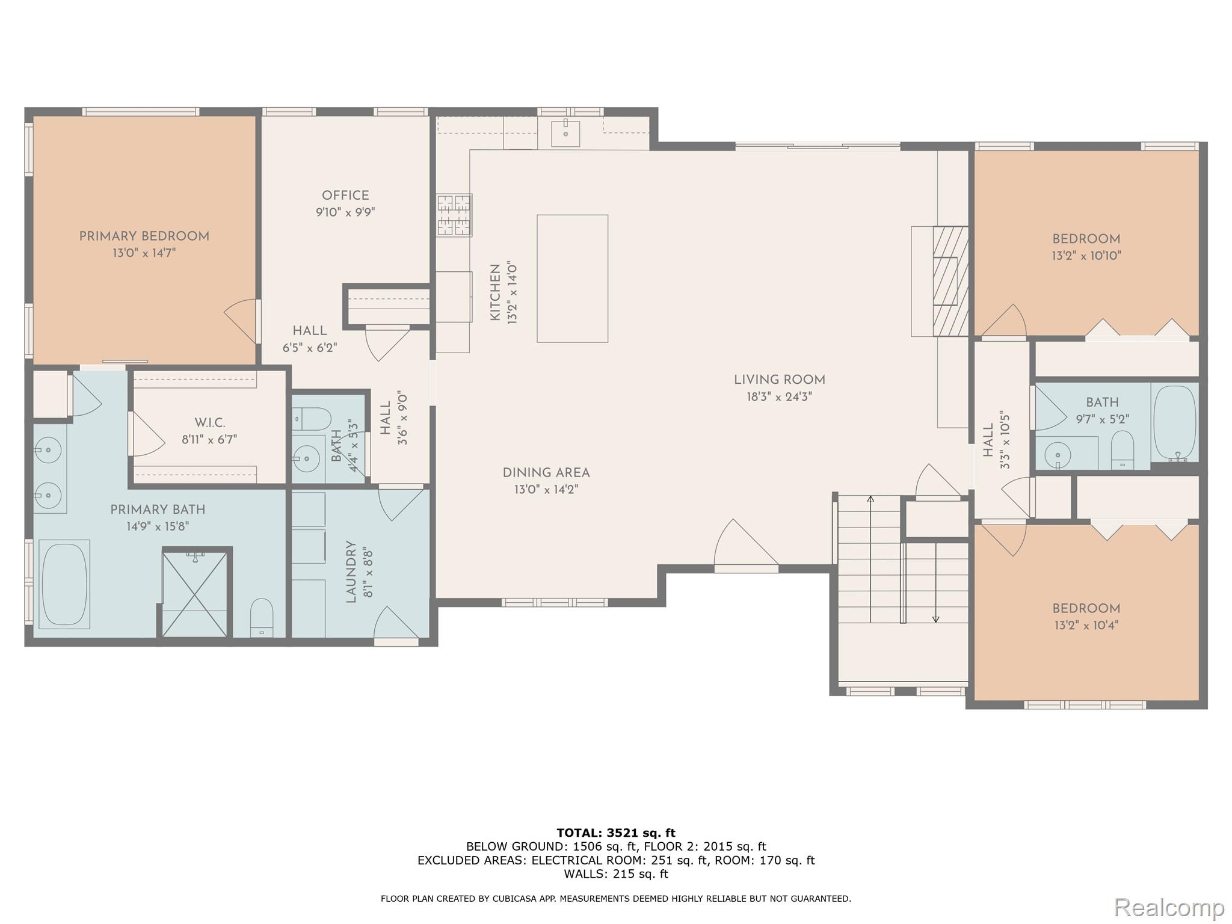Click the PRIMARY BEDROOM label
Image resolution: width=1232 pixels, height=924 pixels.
pos(144,236)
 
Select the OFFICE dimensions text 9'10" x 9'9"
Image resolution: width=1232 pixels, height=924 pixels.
pos(345,212)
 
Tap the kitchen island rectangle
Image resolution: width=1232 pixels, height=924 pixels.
pos(572,279)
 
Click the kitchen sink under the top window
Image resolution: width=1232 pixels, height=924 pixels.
pos(565,134)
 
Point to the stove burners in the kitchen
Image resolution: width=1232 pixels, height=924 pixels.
pos(454,215)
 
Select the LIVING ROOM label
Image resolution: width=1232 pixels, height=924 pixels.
pos(779,380)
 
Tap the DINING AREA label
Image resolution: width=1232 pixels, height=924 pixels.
pos(546,473)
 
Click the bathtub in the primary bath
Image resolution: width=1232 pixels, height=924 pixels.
pos(64,584)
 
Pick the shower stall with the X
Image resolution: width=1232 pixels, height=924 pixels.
pos(196,593)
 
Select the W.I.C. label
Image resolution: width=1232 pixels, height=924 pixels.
pos(210,423)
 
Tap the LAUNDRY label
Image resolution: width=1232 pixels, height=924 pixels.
pos(351,571)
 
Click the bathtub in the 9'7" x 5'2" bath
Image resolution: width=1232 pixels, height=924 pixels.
pos(1174,423)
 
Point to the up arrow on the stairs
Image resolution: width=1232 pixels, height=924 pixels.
pos(870,499)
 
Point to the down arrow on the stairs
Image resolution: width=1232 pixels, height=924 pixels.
pos(935,618)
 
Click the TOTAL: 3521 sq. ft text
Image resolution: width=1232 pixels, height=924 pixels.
pos(616,833)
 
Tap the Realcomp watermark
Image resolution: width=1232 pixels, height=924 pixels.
pos(1169,907)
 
